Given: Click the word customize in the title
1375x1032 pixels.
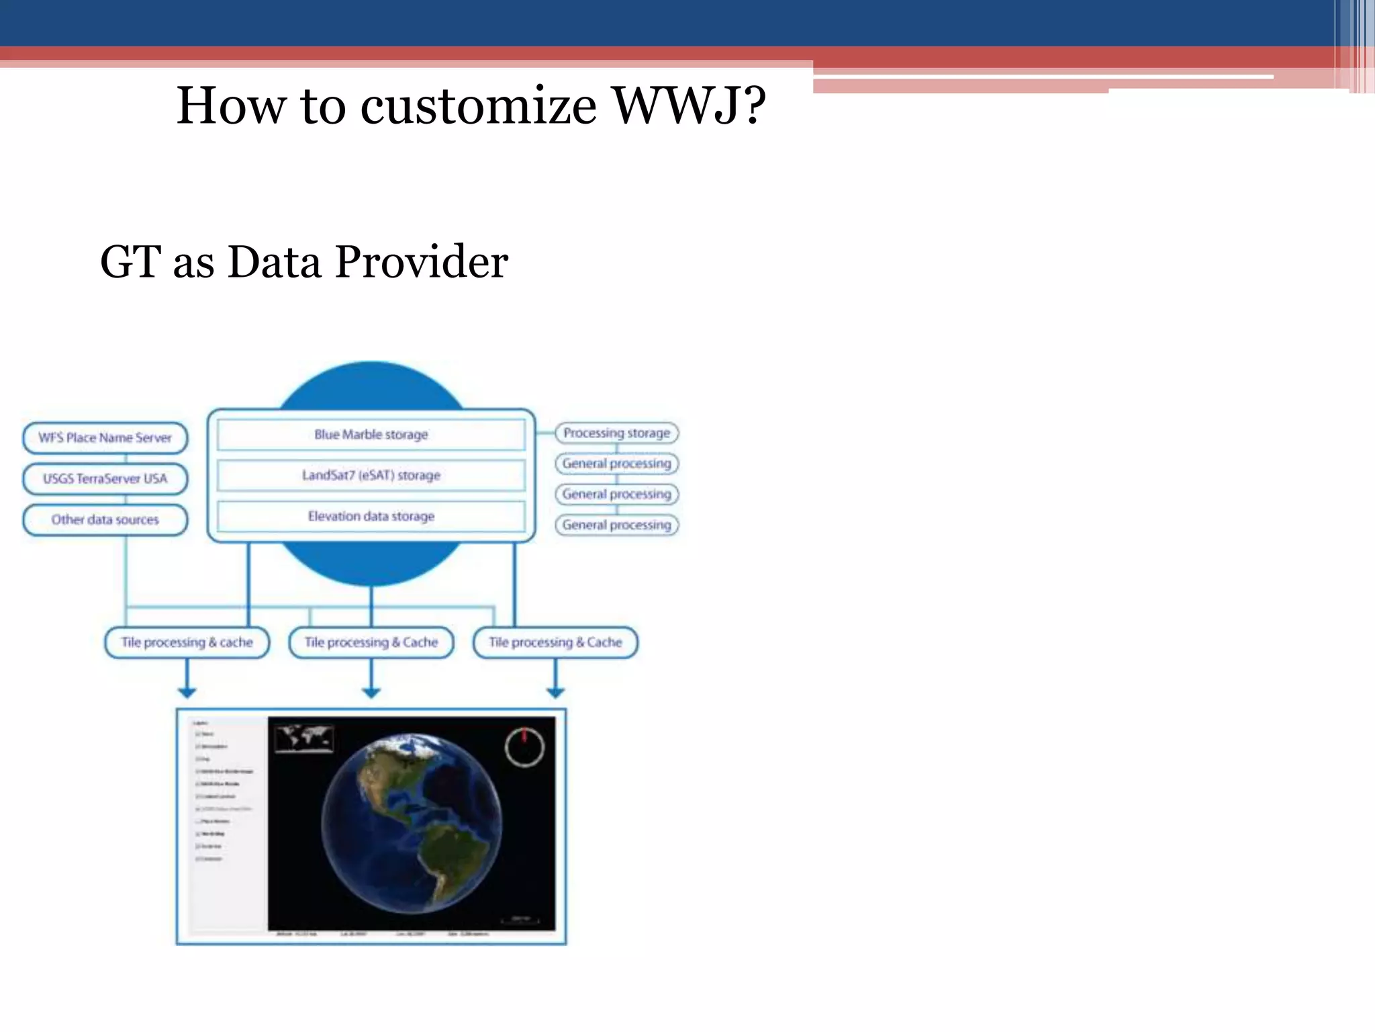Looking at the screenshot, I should click(478, 106).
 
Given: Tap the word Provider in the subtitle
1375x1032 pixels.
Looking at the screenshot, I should click(421, 262).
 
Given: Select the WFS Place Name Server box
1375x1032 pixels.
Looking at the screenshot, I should click(105, 438).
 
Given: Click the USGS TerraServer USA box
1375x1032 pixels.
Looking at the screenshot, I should click(105, 479).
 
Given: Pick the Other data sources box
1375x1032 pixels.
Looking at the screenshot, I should click(105, 520).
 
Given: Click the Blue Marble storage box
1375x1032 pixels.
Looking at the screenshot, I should click(371, 435).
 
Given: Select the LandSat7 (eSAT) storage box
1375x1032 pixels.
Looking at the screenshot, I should click(371, 476).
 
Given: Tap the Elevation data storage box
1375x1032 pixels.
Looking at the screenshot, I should click(371, 517).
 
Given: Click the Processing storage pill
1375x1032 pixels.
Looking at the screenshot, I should click(616, 433).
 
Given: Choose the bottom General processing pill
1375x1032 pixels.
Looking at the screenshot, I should click(616, 525).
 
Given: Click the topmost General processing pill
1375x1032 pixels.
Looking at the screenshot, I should click(616, 464).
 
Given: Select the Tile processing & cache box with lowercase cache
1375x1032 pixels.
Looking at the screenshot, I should click(187, 642).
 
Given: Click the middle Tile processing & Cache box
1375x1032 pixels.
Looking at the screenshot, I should click(371, 642).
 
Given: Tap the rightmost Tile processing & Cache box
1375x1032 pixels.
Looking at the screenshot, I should click(555, 642).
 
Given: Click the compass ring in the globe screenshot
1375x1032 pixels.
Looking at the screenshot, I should click(524, 746).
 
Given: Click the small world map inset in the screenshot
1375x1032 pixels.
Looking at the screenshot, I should click(304, 738).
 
